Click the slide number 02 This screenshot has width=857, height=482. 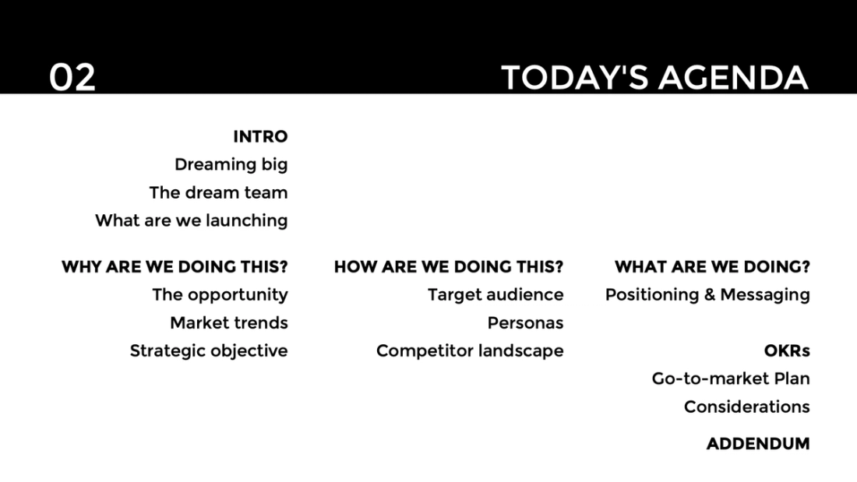pos(72,78)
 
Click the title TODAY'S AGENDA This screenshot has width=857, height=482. pos(654,78)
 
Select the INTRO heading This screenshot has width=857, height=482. pos(260,137)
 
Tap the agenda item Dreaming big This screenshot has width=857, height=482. pos(231,165)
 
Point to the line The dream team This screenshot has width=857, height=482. pos(218,193)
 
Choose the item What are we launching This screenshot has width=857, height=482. pos(191,221)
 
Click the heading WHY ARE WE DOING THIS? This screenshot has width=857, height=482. pos(175,267)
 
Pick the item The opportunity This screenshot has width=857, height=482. pos(220,295)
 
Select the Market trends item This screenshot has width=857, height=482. pos(228,323)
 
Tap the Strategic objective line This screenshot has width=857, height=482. pos(208,351)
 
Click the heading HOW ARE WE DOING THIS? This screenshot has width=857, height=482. pos(448,267)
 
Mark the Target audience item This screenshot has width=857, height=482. pos(495,295)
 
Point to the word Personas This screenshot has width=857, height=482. pos(525,323)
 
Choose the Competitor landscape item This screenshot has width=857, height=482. pos(469,351)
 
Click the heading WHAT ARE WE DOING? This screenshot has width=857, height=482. pos(712,267)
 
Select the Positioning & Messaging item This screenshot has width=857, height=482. pos(707,295)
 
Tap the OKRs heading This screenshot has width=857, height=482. pos(786,351)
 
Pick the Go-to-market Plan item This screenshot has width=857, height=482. pos(731,379)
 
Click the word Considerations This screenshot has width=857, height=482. pos(746,407)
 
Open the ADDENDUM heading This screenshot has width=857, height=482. pos(757,444)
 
